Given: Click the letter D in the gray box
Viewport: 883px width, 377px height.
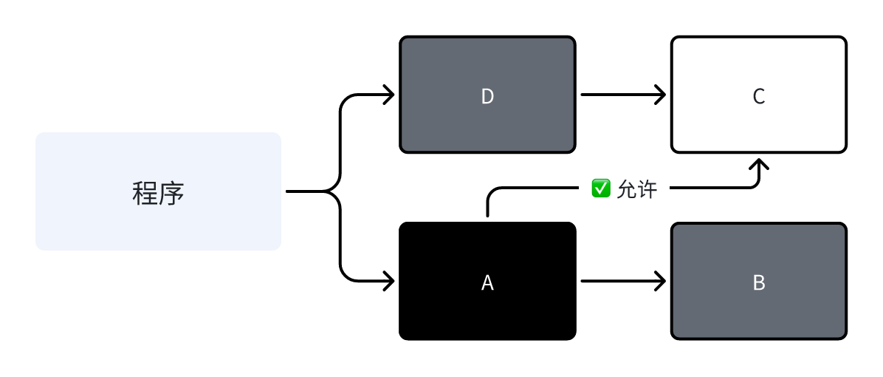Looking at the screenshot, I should (x=487, y=97).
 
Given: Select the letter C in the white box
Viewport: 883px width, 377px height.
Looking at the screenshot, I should (x=758, y=97).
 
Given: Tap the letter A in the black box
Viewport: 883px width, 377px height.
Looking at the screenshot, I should (x=487, y=282).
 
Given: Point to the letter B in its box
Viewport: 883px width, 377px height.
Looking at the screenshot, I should (x=758, y=282).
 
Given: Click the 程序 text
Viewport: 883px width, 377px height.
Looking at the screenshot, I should (x=158, y=193).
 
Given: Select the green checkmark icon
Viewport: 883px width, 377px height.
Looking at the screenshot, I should (x=600, y=188).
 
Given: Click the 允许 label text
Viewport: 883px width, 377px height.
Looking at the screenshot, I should (x=636, y=189).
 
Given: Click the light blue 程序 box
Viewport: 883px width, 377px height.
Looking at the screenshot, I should (x=89, y=222).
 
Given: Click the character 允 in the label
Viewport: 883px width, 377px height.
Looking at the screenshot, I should (x=626, y=189).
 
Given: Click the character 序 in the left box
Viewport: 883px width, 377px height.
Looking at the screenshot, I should (x=171, y=193).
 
